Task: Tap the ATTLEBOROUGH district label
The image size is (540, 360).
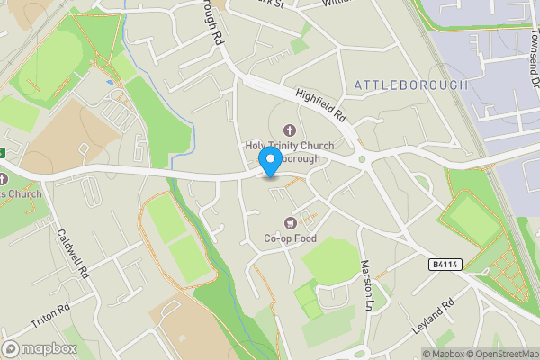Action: (411, 85)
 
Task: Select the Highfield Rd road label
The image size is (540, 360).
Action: (321, 103)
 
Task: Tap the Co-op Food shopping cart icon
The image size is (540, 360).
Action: (290, 222)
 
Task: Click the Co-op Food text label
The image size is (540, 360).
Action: (290, 238)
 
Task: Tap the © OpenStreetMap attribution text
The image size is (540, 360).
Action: (500, 353)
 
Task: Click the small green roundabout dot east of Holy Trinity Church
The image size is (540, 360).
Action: (363, 160)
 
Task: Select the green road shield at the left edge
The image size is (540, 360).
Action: (3, 151)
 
